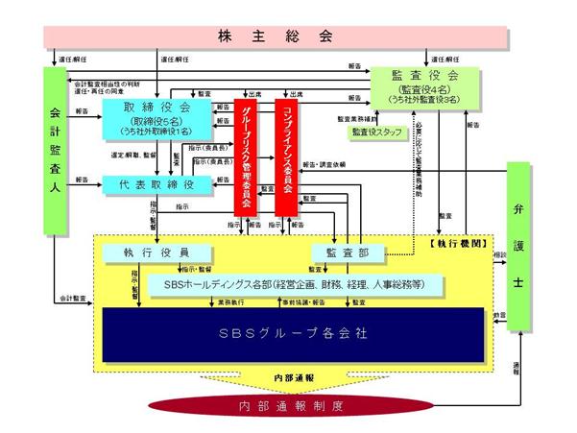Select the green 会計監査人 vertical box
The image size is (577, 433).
56,150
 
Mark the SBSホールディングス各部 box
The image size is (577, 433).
296,285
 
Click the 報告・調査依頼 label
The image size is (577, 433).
326,165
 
